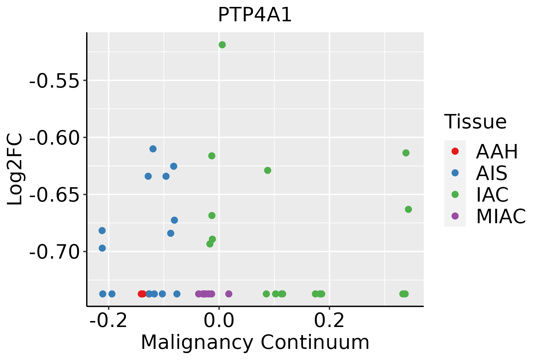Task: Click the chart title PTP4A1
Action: (x=255, y=15)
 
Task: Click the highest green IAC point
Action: (x=222, y=45)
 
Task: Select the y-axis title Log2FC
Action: (x=15, y=169)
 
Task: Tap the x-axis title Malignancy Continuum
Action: (x=255, y=343)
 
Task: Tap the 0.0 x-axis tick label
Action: (x=219, y=321)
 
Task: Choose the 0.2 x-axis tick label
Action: (x=329, y=321)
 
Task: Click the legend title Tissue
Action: (x=475, y=122)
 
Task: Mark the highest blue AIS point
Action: (x=153, y=149)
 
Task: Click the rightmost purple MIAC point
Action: (x=229, y=294)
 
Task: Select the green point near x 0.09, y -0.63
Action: (x=268, y=170)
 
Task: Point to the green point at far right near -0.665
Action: (x=408, y=209)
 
